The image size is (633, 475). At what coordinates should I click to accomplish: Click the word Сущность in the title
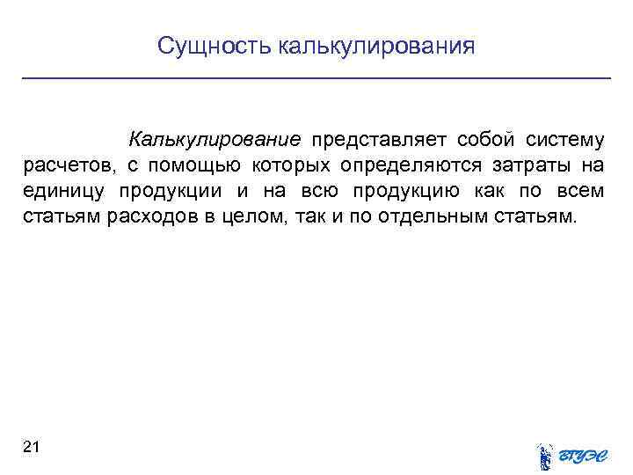[215, 46]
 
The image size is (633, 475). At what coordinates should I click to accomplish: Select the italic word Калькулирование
[215, 141]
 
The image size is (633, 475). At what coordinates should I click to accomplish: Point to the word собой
[486, 141]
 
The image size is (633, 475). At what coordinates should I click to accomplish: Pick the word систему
[565, 141]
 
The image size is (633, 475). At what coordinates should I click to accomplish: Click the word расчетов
[65, 166]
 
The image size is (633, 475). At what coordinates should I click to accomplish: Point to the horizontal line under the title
[316, 79]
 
